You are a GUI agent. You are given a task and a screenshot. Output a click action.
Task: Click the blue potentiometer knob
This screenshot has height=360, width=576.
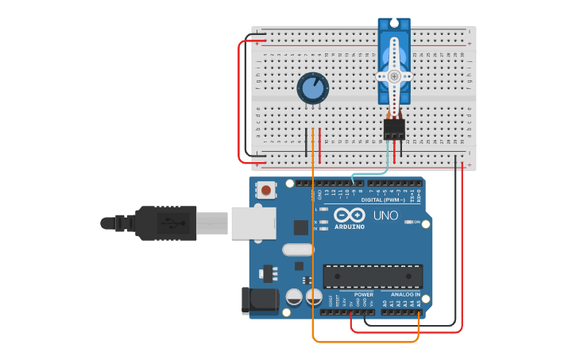[312, 89]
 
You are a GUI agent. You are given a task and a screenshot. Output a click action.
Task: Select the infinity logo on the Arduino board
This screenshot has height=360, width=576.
[350, 215]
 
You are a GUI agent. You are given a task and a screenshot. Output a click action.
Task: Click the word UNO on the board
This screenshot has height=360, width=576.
[385, 215]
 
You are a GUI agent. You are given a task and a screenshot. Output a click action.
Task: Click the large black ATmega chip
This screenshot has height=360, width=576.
[373, 276]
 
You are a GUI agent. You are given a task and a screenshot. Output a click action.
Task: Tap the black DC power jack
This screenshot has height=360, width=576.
[259, 300]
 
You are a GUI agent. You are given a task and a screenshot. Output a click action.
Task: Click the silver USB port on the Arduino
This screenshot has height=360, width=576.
[253, 223]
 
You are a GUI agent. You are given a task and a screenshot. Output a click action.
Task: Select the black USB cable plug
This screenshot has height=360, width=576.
[167, 223]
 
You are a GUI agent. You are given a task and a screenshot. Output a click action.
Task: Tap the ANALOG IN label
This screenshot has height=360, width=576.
[405, 294]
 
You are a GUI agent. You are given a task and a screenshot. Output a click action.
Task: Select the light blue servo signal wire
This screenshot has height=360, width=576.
[369, 173]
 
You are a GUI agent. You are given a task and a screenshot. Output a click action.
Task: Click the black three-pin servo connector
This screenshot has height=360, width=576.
[394, 129]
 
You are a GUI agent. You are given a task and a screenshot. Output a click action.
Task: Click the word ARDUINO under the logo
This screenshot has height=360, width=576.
[350, 227]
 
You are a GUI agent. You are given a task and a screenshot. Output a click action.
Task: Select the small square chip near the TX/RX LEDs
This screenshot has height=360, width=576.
[301, 227]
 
